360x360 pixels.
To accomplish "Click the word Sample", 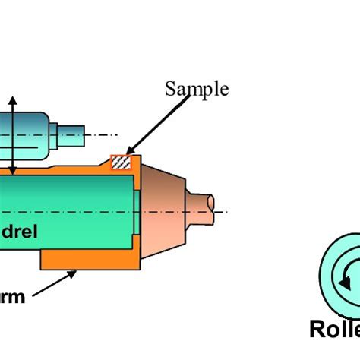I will pos(197,89).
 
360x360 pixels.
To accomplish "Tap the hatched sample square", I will pos(121,162).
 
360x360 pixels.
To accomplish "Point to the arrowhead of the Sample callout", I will pos(128,154).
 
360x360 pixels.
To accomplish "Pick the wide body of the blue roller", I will pos(23,135).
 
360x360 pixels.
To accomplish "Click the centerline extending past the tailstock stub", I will pos(222,211).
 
